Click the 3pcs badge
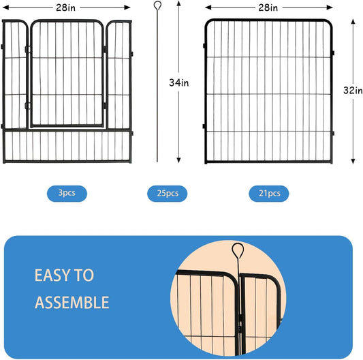pos(67,193)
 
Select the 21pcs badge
pos(268,194)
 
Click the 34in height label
pos(178,82)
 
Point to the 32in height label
pos(352,91)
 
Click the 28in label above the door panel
pos(66,7)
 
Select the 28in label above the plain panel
pos(268,7)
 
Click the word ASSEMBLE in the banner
pos(72,302)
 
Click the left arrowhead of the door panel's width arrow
pos(5,7)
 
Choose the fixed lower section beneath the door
pos(67,147)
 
